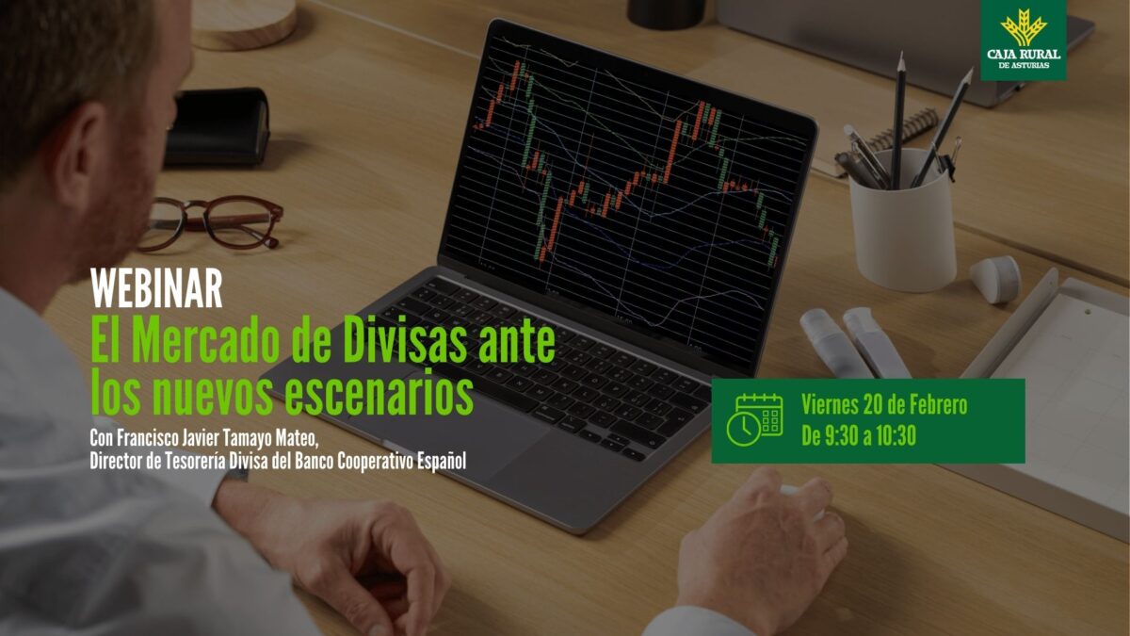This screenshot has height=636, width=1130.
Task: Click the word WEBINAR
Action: pyautogui.click(x=156, y=288)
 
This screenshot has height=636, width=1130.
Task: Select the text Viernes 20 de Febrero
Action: pyautogui.click(x=883, y=405)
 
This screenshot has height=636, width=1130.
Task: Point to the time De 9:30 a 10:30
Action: pyautogui.click(x=859, y=436)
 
